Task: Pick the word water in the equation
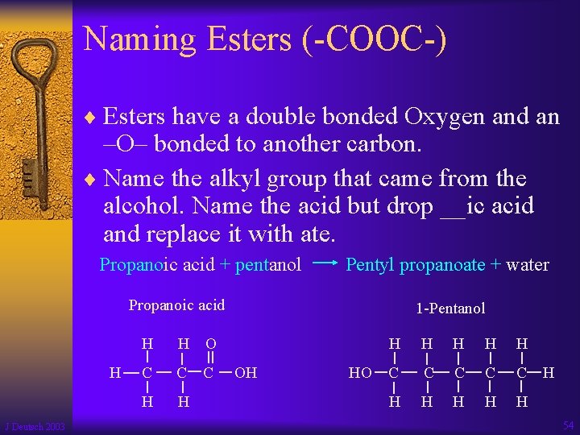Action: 528,264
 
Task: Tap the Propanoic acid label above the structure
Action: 176,305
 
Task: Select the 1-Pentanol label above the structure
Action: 450,309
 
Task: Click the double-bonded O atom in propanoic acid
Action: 210,343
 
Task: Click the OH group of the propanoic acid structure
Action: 246,372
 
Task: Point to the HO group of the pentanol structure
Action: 360,372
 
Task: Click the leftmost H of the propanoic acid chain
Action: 116,372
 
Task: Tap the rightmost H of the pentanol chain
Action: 548,372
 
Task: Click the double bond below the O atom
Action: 210,358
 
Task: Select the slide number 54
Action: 568,425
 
